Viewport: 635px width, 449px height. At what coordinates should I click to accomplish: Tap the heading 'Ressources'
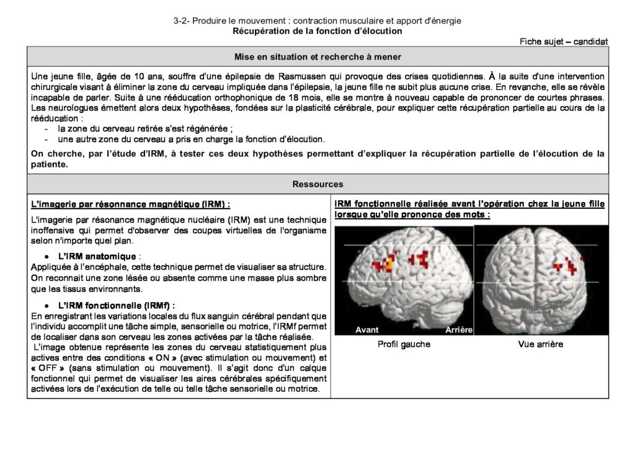(317, 184)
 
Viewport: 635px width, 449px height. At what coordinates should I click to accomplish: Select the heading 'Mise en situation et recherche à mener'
(317, 56)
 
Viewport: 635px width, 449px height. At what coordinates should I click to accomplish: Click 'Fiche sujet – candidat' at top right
(563, 42)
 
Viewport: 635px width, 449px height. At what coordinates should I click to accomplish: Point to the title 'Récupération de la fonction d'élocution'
(317, 30)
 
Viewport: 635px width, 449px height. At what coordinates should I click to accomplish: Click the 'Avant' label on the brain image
(367, 330)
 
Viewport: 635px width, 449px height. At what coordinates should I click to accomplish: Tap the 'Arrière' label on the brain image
(459, 330)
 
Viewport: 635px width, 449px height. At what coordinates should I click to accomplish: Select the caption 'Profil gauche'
(404, 344)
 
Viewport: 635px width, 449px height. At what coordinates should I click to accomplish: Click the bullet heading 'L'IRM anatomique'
(98, 256)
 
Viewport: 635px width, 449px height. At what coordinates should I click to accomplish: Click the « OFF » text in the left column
(47, 368)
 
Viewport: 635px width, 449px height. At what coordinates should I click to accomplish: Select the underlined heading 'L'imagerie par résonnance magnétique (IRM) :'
(130, 204)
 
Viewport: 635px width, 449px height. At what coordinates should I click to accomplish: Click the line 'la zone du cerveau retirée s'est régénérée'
(145, 129)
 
